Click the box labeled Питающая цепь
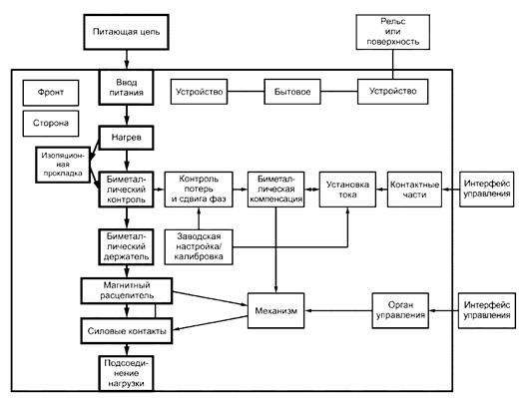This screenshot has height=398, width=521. (x=126, y=32)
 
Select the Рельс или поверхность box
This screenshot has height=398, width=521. (x=393, y=32)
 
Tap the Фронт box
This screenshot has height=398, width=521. (x=51, y=93)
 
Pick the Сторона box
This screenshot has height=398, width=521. (x=51, y=124)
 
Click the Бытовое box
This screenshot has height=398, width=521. (x=292, y=92)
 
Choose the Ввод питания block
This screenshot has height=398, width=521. (x=126, y=87)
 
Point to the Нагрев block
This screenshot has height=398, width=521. (x=126, y=138)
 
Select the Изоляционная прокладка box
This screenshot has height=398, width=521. (x=63, y=165)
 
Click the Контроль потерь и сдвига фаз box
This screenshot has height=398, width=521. (x=199, y=190)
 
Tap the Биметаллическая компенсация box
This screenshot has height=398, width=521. (x=275, y=190)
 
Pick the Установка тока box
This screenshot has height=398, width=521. (x=347, y=190)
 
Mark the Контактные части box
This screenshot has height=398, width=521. (x=414, y=190)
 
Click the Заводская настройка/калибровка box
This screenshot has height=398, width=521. (x=199, y=247)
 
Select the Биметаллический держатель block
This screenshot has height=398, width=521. (x=126, y=246)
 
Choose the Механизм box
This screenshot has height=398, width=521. (x=275, y=310)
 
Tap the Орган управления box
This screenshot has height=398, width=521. (x=400, y=310)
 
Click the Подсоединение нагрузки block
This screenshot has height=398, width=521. (x=126, y=373)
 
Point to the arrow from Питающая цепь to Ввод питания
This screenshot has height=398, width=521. (x=126, y=60)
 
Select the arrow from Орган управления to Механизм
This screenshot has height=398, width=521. (x=338, y=310)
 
